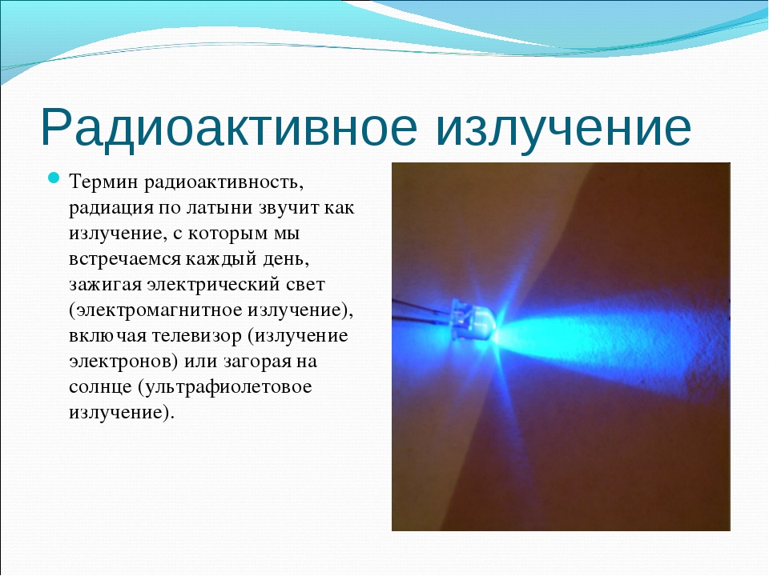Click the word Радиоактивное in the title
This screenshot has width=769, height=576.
click(228, 128)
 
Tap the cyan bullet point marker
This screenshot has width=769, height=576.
click(54, 178)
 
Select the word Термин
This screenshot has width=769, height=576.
click(103, 182)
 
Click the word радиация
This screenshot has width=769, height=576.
click(111, 208)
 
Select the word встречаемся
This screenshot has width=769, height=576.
click(125, 258)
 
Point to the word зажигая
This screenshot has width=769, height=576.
click(106, 284)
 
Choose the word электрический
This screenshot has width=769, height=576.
click(213, 285)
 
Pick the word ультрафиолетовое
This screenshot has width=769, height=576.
click(224, 387)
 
